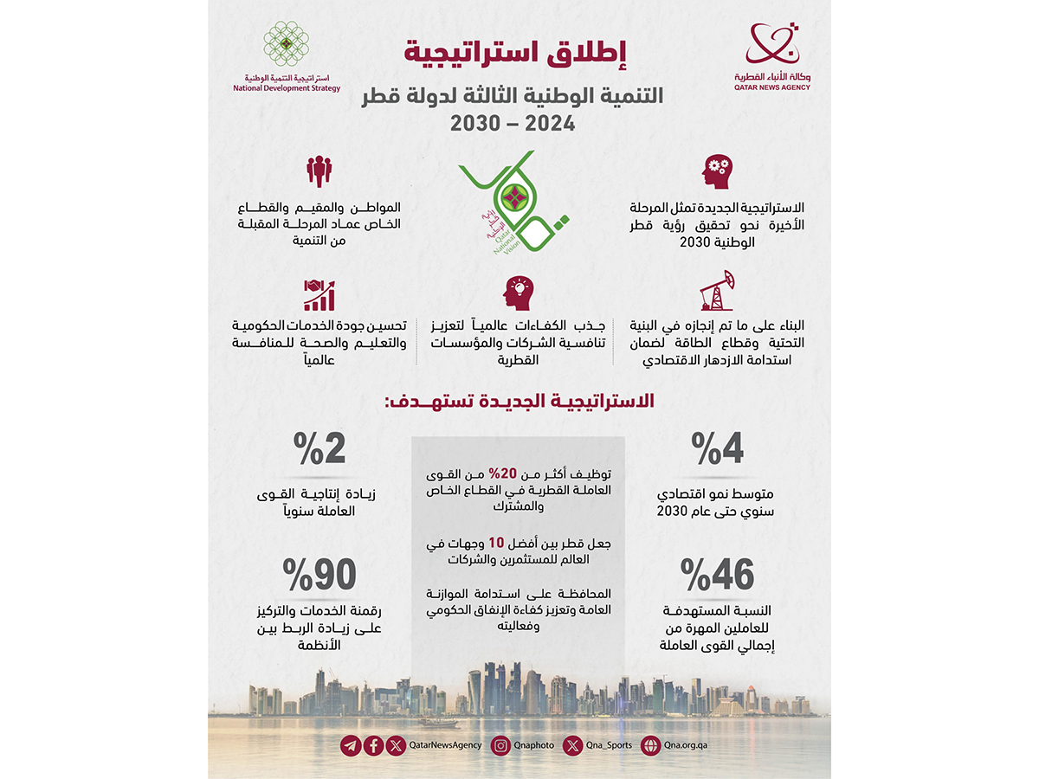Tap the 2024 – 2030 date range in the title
(513, 122)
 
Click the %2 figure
(319, 447)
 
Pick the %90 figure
(319, 574)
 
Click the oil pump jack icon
(718, 291)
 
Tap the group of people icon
(319, 171)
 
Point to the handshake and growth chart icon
(319, 294)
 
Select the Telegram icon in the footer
(351, 744)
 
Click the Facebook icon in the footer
(373, 744)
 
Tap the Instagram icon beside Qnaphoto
(500, 744)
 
